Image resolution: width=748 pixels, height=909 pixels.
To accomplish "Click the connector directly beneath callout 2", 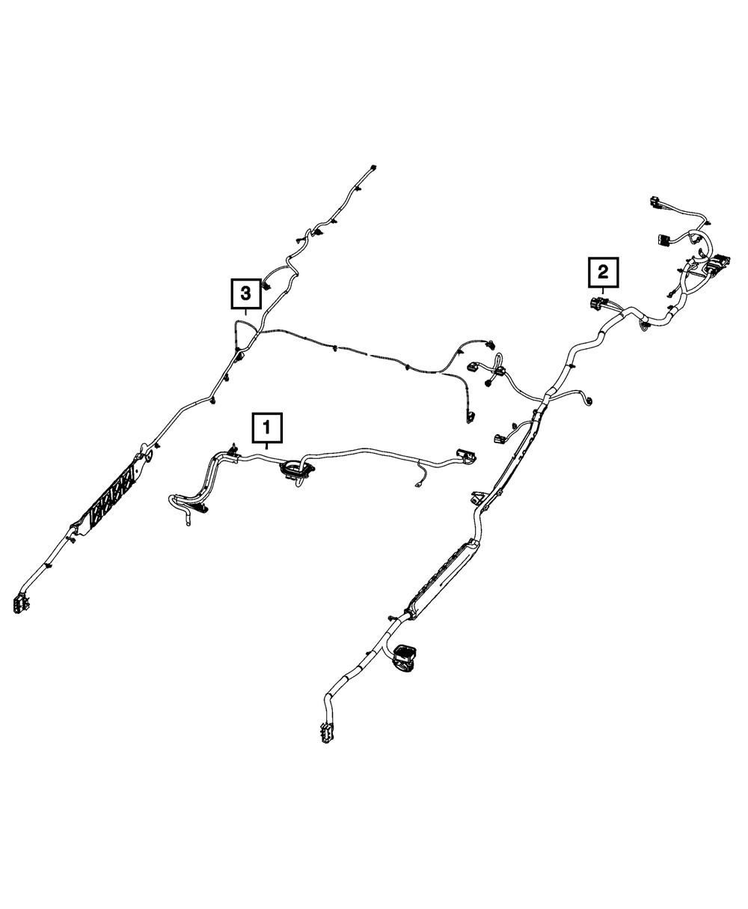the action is point(598,305).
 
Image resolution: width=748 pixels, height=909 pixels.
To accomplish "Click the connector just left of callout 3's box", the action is point(267,290).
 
